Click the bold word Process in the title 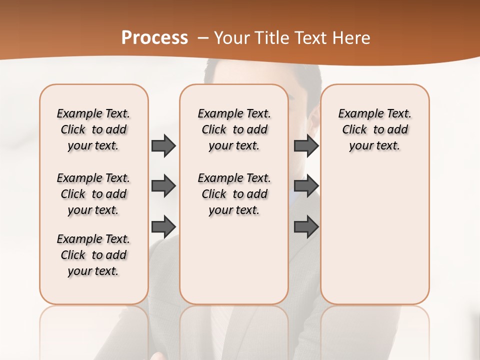click(x=154, y=38)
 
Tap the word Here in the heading click(x=352, y=38)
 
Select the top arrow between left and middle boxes click(x=163, y=146)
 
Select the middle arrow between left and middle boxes click(x=163, y=186)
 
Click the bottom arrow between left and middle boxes click(x=163, y=226)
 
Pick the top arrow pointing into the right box click(x=306, y=146)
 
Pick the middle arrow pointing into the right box click(x=306, y=186)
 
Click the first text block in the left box click(x=93, y=129)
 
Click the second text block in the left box click(x=93, y=194)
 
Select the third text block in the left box click(x=93, y=255)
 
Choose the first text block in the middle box click(x=234, y=129)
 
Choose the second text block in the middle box click(x=234, y=194)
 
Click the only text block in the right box click(x=374, y=129)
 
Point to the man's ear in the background click(x=313, y=118)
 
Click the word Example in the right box click(x=359, y=114)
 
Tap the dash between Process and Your click(x=203, y=38)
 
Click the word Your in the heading click(x=231, y=38)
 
